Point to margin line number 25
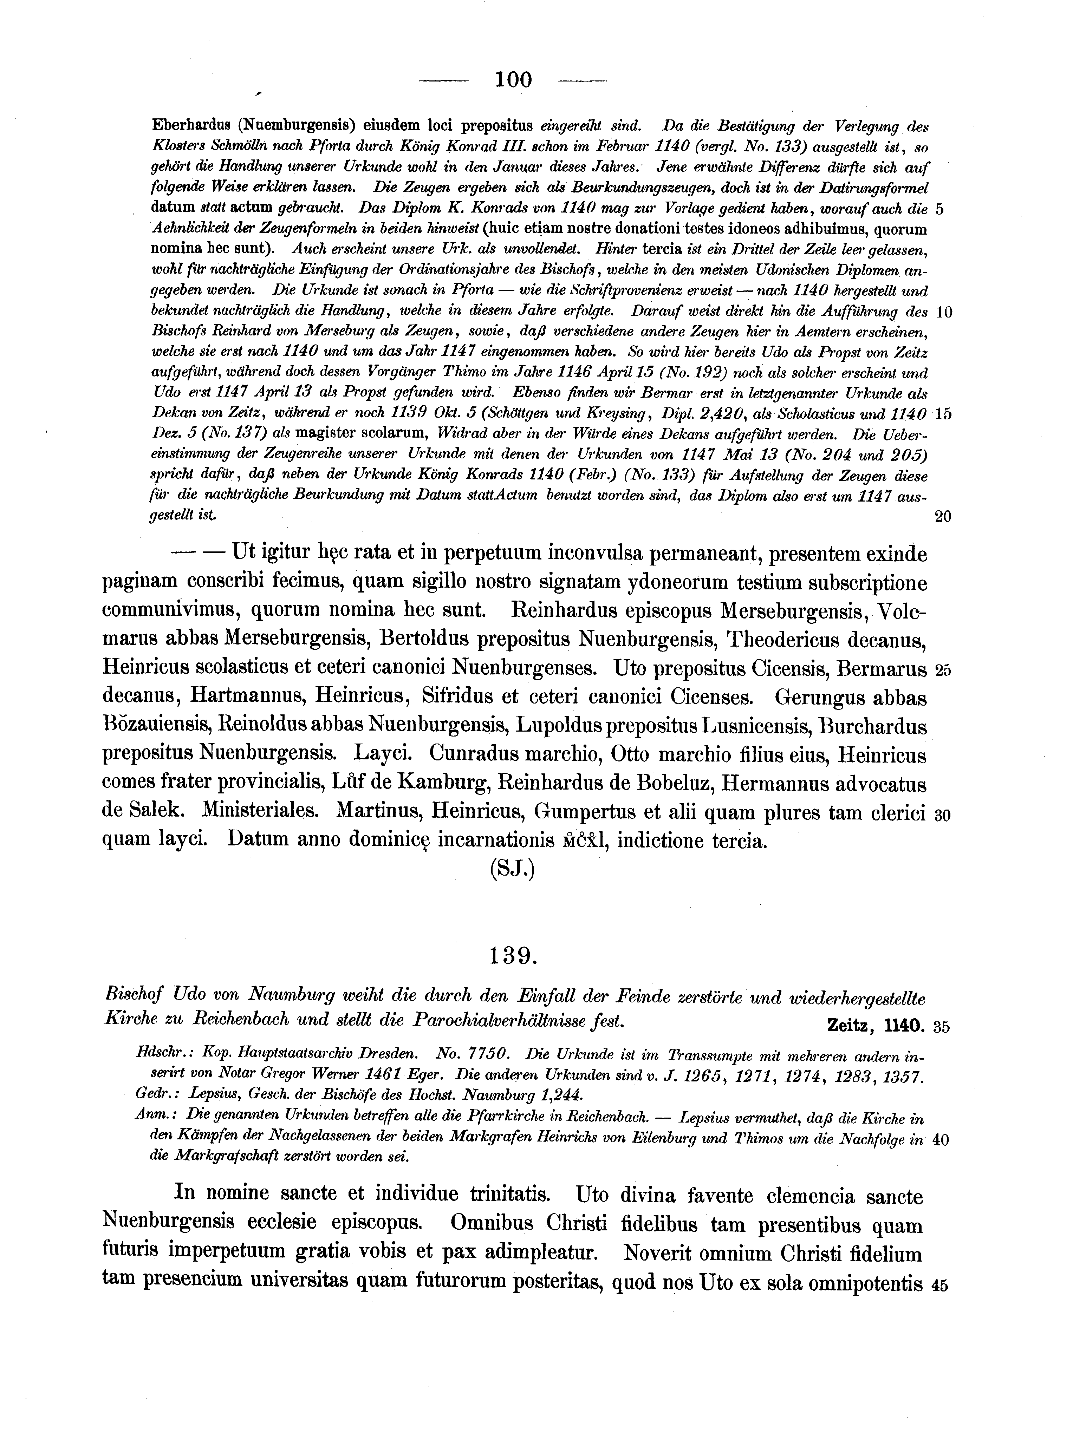(942, 671)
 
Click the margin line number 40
(941, 1139)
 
